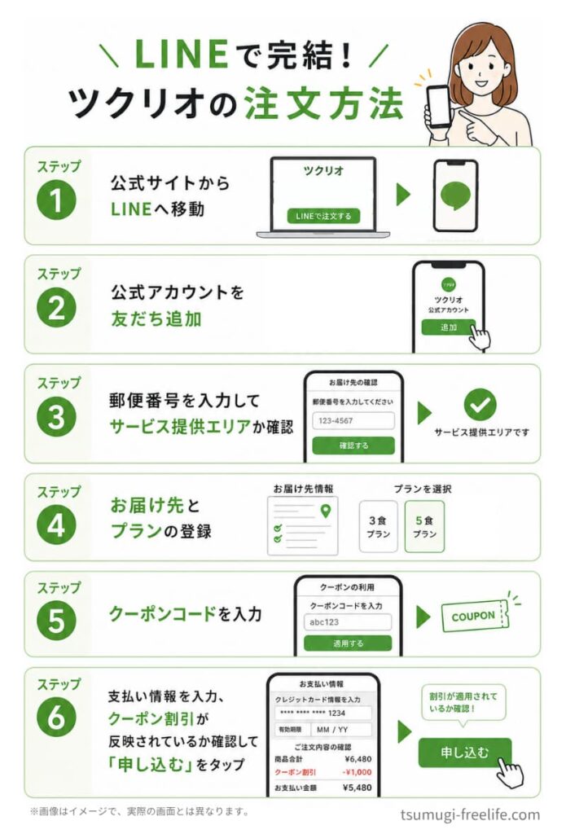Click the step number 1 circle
pyautogui.click(x=56, y=200)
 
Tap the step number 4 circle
pyautogui.click(x=56, y=525)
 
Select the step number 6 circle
pyautogui.click(x=56, y=717)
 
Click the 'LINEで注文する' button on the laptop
pyautogui.click(x=323, y=216)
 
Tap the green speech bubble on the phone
pyautogui.click(x=456, y=195)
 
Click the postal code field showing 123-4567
pyautogui.click(x=353, y=421)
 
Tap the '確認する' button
pyautogui.click(x=353, y=446)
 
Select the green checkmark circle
pyautogui.click(x=480, y=405)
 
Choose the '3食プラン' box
pyautogui.click(x=378, y=526)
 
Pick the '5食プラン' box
pyautogui.click(x=424, y=526)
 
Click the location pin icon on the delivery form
pyautogui.click(x=326, y=511)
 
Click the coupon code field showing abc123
pyautogui.click(x=348, y=621)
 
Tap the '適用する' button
pyautogui.click(x=348, y=643)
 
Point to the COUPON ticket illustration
pyautogui.click(x=475, y=617)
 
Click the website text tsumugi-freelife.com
pyautogui.click(x=470, y=814)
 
